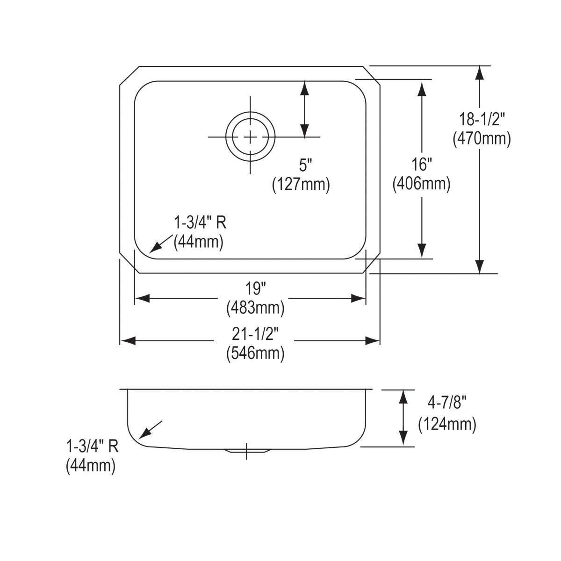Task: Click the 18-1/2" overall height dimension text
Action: coord(481,120)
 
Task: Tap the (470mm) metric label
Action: coord(481,139)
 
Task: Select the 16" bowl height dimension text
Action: coord(422,165)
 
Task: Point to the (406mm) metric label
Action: coord(422,184)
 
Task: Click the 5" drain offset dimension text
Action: coord(305,165)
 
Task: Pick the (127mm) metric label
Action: coord(301,185)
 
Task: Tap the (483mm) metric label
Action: coord(255,308)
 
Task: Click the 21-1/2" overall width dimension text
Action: coord(255,333)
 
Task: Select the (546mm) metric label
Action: coord(255,353)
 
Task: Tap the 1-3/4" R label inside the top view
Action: coord(200,223)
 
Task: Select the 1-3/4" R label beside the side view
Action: coord(92,446)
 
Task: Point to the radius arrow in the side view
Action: coord(151,429)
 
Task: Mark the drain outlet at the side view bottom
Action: coord(247,451)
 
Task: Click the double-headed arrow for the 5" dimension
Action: coord(305,109)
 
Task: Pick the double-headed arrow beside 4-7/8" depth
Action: coord(402,418)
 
